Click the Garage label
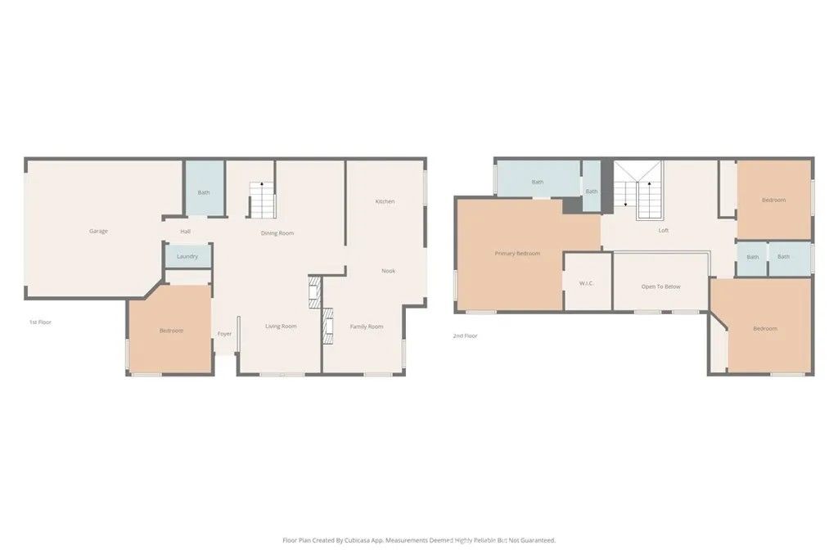tap(98, 231)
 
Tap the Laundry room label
tap(187, 256)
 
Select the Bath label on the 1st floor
tap(204, 192)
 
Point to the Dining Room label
tap(277, 233)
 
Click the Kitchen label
tap(385, 201)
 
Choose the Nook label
tap(389, 270)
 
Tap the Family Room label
tap(367, 327)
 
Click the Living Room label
tap(281, 327)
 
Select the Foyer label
tap(224, 334)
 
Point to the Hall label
tap(186, 232)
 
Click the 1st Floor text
tap(40, 322)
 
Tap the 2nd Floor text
tap(465, 336)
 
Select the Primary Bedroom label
tap(517, 254)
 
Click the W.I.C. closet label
tap(586, 284)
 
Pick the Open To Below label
tap(660, 286)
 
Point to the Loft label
tap(664, 231)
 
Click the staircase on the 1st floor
tap(262, 200)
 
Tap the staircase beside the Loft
tap(638, 192)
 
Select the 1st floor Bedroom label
tap(171, 331)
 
